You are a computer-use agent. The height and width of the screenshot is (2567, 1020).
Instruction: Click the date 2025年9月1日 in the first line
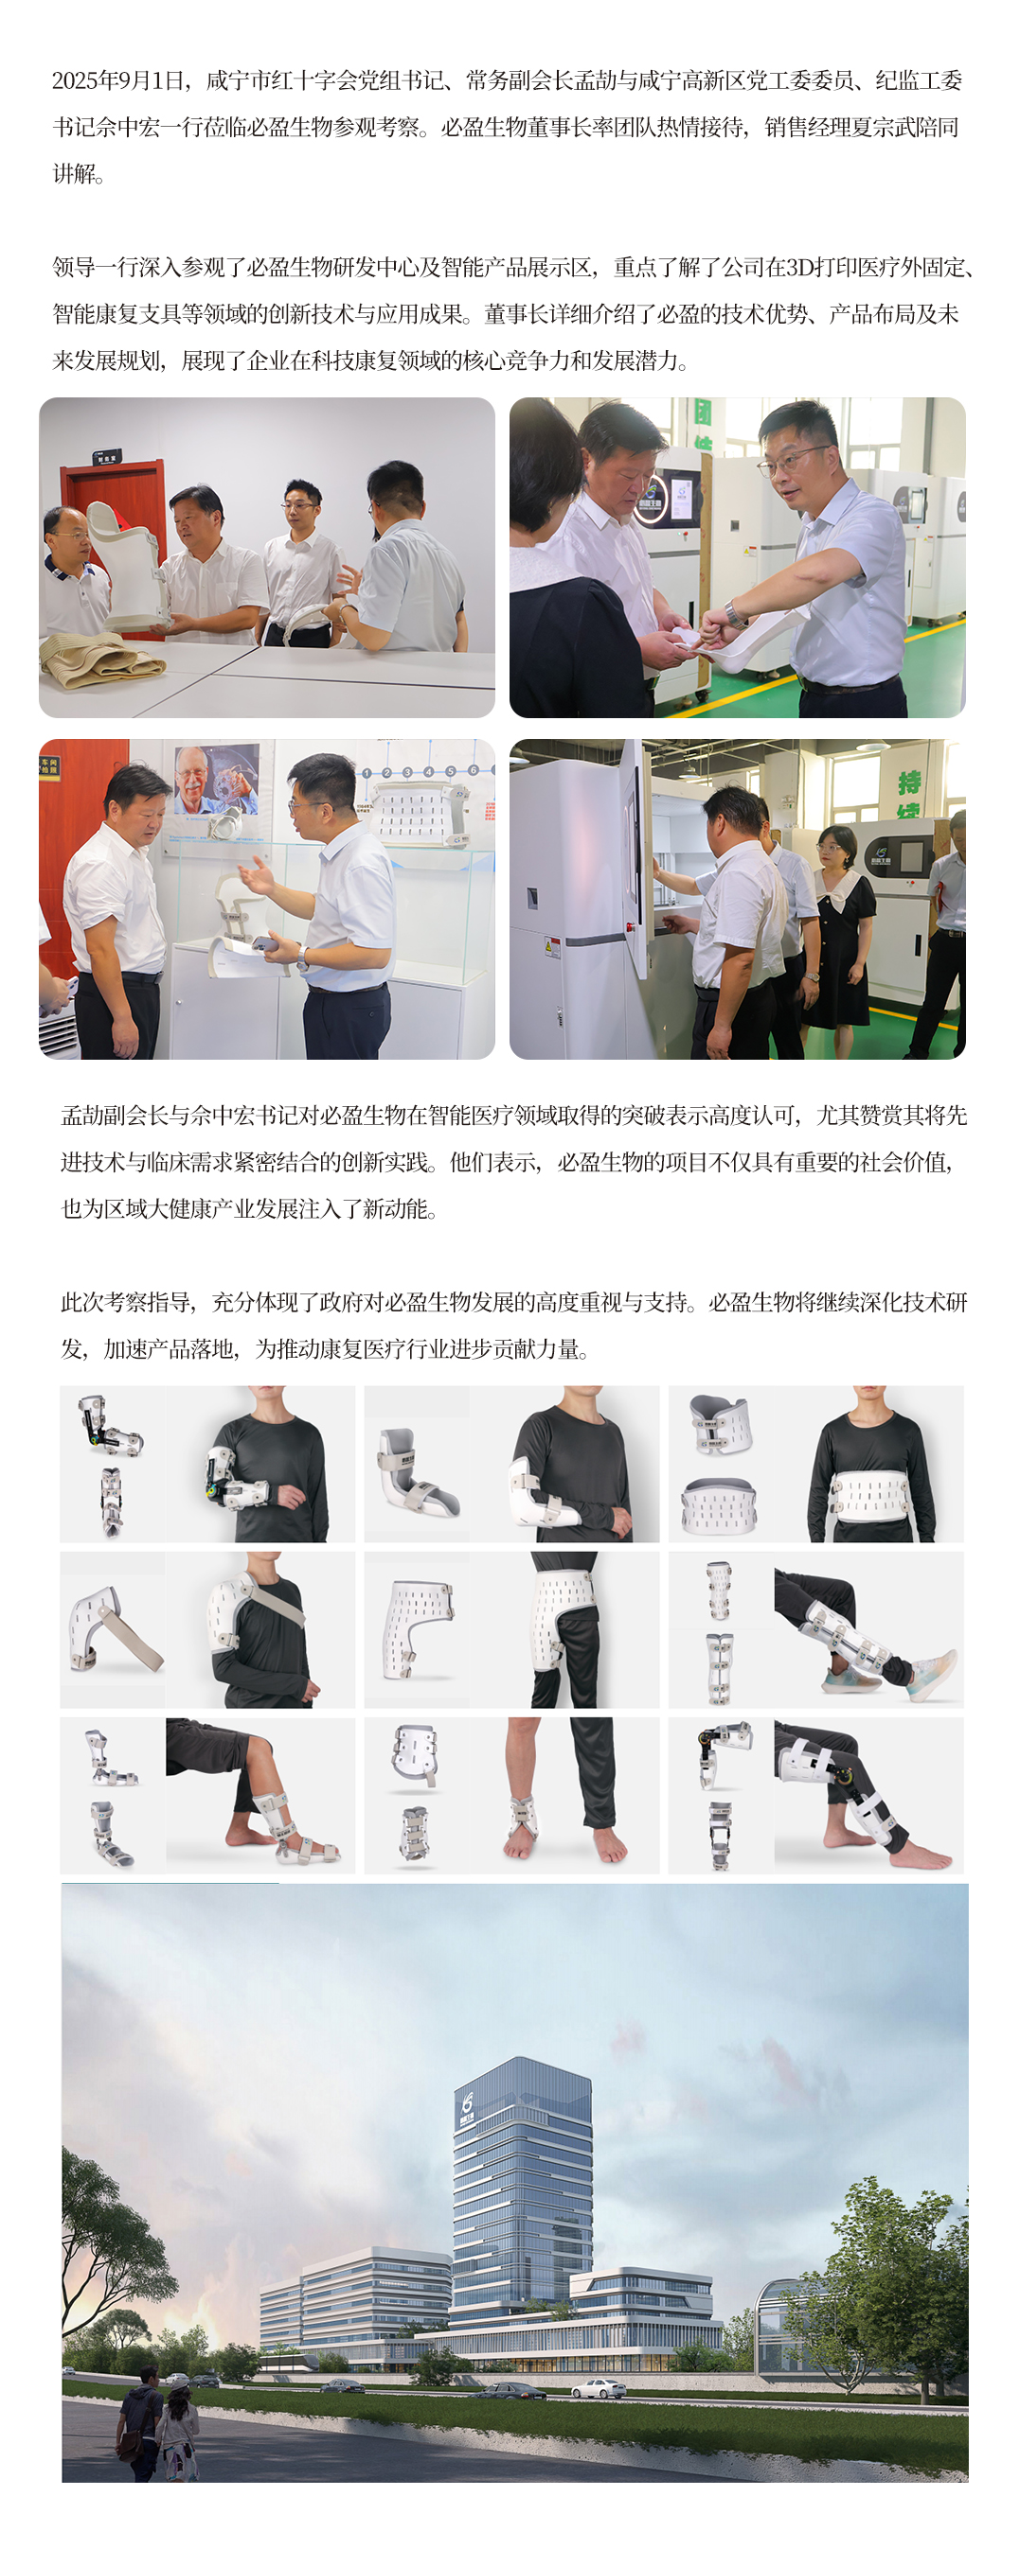point(119,80)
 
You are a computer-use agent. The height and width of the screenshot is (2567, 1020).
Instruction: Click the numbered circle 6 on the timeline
point(473,770)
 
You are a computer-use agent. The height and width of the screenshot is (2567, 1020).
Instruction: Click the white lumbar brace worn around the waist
point(871,1495)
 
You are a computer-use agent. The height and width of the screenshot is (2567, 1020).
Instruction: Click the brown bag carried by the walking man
point(127,2444)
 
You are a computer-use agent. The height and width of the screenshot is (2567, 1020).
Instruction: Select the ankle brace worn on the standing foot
point(523,1818)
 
